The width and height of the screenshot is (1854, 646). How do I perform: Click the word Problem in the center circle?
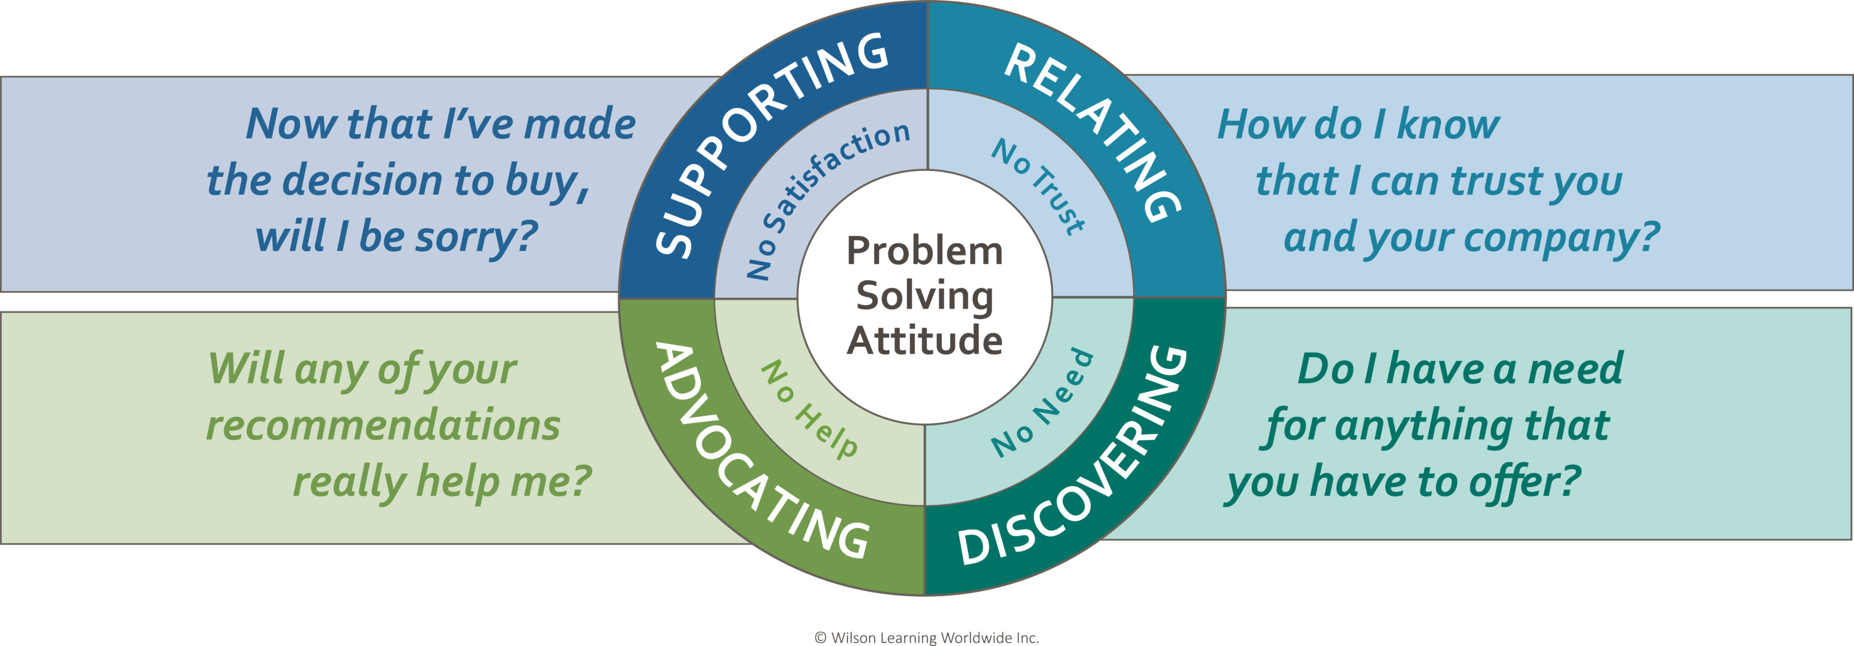tap(924, 251)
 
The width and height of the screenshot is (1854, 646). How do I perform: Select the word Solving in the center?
tap(924, 296)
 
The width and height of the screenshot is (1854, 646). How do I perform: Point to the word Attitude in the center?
tap(924, 340)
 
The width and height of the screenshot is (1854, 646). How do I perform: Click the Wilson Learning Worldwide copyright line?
tap(926, 637)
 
